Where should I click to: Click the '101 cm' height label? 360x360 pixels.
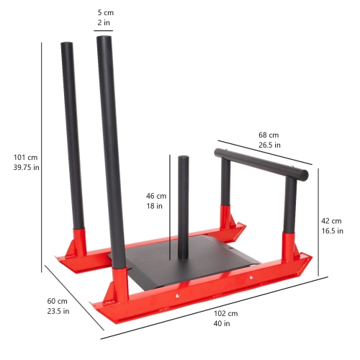point(26,158)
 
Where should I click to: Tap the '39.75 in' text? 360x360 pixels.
point(26,168)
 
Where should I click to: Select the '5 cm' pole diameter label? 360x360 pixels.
point(105,13)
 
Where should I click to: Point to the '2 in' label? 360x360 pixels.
point(105,23)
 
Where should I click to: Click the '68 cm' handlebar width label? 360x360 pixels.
point(269,135)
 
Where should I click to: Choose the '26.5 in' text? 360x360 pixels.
point(269,145)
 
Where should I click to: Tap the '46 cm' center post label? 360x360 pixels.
point(156,195)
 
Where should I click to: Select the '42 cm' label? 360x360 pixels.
point(331,220)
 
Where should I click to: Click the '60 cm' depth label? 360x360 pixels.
point(58,301)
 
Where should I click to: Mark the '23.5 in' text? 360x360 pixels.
point(58,311)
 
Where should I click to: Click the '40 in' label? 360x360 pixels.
point(222,324)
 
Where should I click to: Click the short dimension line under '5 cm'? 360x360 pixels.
point(103,31)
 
